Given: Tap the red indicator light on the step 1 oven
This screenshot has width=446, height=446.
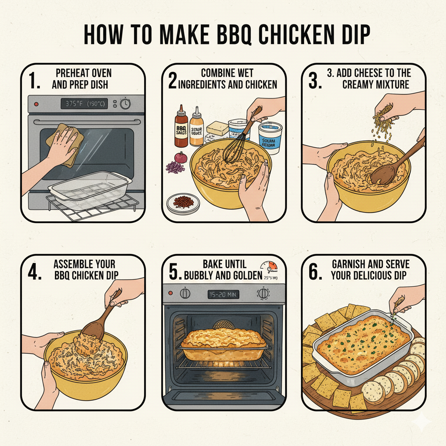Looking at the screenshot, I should pos(36,105).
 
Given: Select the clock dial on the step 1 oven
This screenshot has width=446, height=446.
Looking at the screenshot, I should pos(125,104).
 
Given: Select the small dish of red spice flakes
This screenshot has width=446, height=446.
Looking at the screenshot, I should pos(183,202).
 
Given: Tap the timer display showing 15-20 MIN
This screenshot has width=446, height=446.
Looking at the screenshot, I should pos(223,294).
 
